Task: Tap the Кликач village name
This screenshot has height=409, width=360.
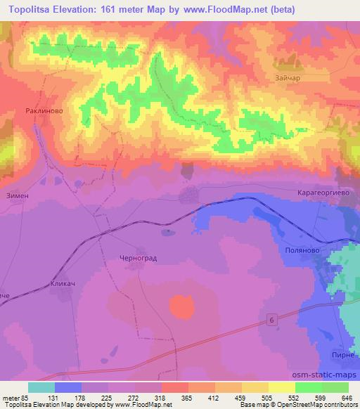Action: click(x=62, y=285)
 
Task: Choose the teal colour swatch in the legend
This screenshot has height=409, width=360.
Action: click(x=41, y=387)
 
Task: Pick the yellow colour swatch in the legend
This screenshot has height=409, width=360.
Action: click(x=281, y=387)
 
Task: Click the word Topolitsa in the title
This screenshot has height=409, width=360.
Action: click(x=32, y=9)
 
